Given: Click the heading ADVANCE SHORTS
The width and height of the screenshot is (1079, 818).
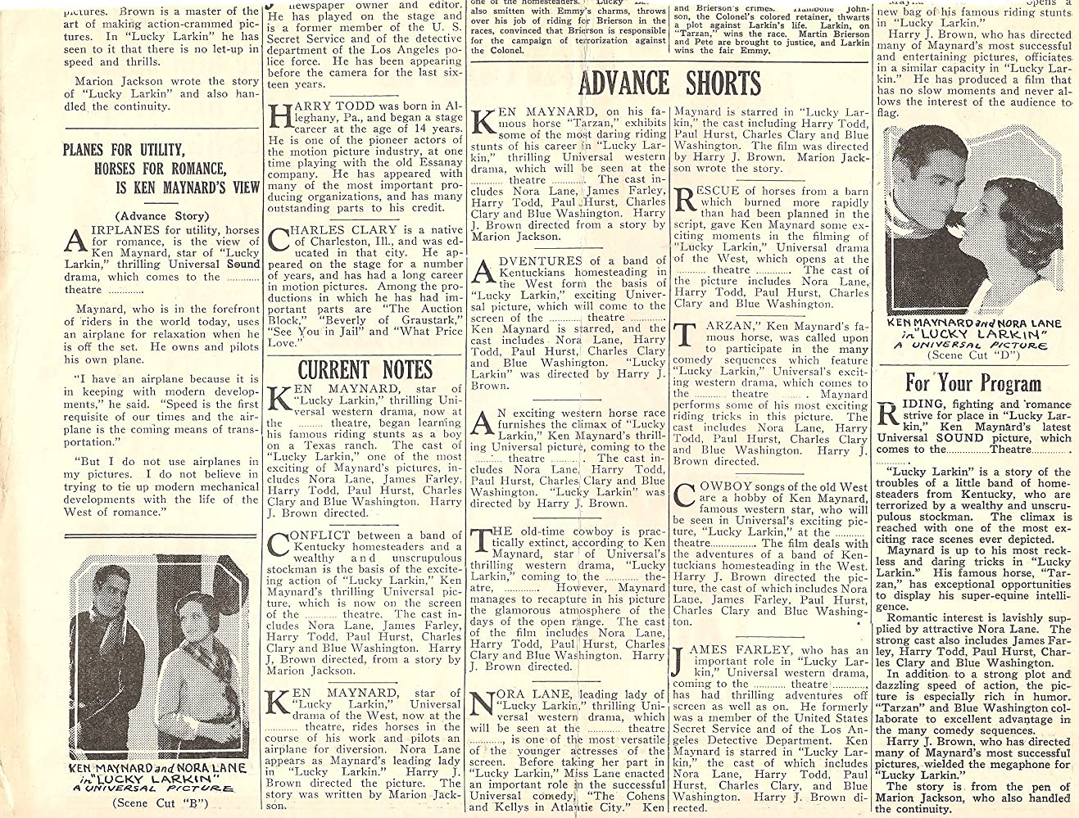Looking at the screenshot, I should [x=670, y=84].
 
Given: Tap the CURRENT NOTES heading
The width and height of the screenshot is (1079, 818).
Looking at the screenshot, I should [x=365, y=368].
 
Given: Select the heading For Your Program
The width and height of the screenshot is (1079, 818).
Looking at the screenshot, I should [x=972, y=382].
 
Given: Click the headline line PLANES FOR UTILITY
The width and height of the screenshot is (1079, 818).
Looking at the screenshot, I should [x=135, y=150].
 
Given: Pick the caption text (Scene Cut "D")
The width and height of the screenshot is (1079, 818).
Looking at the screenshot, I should [x=975, y=355].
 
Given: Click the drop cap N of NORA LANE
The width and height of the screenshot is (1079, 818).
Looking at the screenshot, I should [x=483, y=705].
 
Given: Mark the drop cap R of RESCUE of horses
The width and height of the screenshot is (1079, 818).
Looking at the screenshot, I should [x=685, y=202].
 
